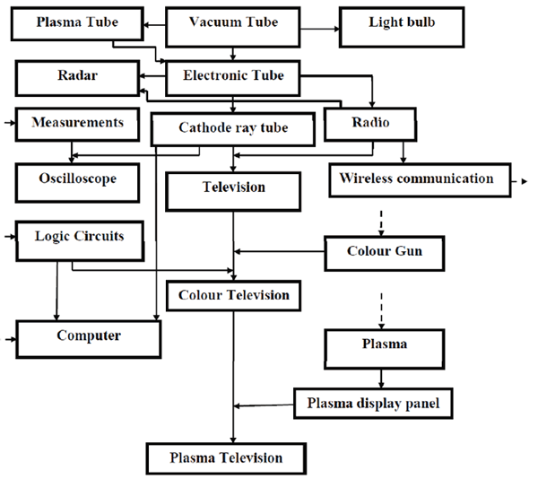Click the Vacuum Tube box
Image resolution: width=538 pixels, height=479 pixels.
pos(233,22)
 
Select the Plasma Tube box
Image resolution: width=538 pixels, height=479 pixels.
pos(77,22)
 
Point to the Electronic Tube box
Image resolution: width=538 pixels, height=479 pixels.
pos(233,76)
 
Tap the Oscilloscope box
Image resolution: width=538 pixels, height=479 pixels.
pos(79,180)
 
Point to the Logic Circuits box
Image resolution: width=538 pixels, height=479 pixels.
pos(79,237)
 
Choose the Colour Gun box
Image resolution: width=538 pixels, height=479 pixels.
pos(385,251)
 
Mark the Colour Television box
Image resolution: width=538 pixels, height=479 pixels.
pos(233,294)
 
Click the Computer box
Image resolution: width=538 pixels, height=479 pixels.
pos(89,336)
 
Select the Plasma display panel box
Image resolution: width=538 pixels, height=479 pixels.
pos(369,404)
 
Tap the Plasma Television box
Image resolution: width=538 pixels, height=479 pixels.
pos(226,457)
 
